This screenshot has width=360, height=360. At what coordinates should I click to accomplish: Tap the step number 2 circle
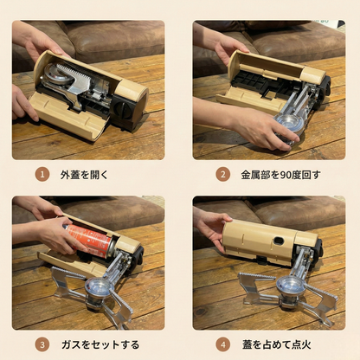tap(222, 173)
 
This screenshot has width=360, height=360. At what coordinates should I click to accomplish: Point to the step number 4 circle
tap(222, 344)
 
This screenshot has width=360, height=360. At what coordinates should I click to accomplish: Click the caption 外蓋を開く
tap(86, 173)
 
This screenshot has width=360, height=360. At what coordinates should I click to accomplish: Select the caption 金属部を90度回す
tap(280, 173)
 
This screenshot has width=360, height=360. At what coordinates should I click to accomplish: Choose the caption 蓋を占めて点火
tap(277, 344)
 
